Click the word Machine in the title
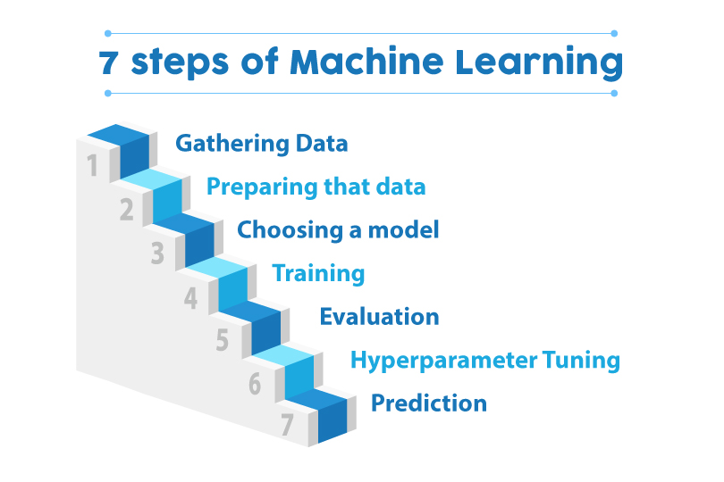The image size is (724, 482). pyautogui.click(x=367, y=62)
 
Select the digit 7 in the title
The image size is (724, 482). pyautogui.click(x=109, y=62)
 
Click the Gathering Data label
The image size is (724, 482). pyautogui.click(x=261, y=143)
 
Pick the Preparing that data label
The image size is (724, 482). pyautogui.click(x=316, y=187)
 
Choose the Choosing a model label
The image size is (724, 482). pyautogui.click(x=338, y=229)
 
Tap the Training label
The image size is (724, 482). pyautogui.click(x=318, y=273)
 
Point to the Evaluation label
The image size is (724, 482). pyautogui.click(x=379, y=316)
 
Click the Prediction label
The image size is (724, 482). pyautogui.click(x=429, y=403)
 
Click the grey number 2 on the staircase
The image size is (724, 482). pyautogui.click(x=126, y=211)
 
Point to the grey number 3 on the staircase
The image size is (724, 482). pyautogui.click(x=158, y=254)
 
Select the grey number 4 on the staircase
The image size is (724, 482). pyautogui.click(x=190, y=298)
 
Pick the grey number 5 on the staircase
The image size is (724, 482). pyautogui.click(x=223, y=341)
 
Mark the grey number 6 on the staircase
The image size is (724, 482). pyautogui.click(x=255, y=385)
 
